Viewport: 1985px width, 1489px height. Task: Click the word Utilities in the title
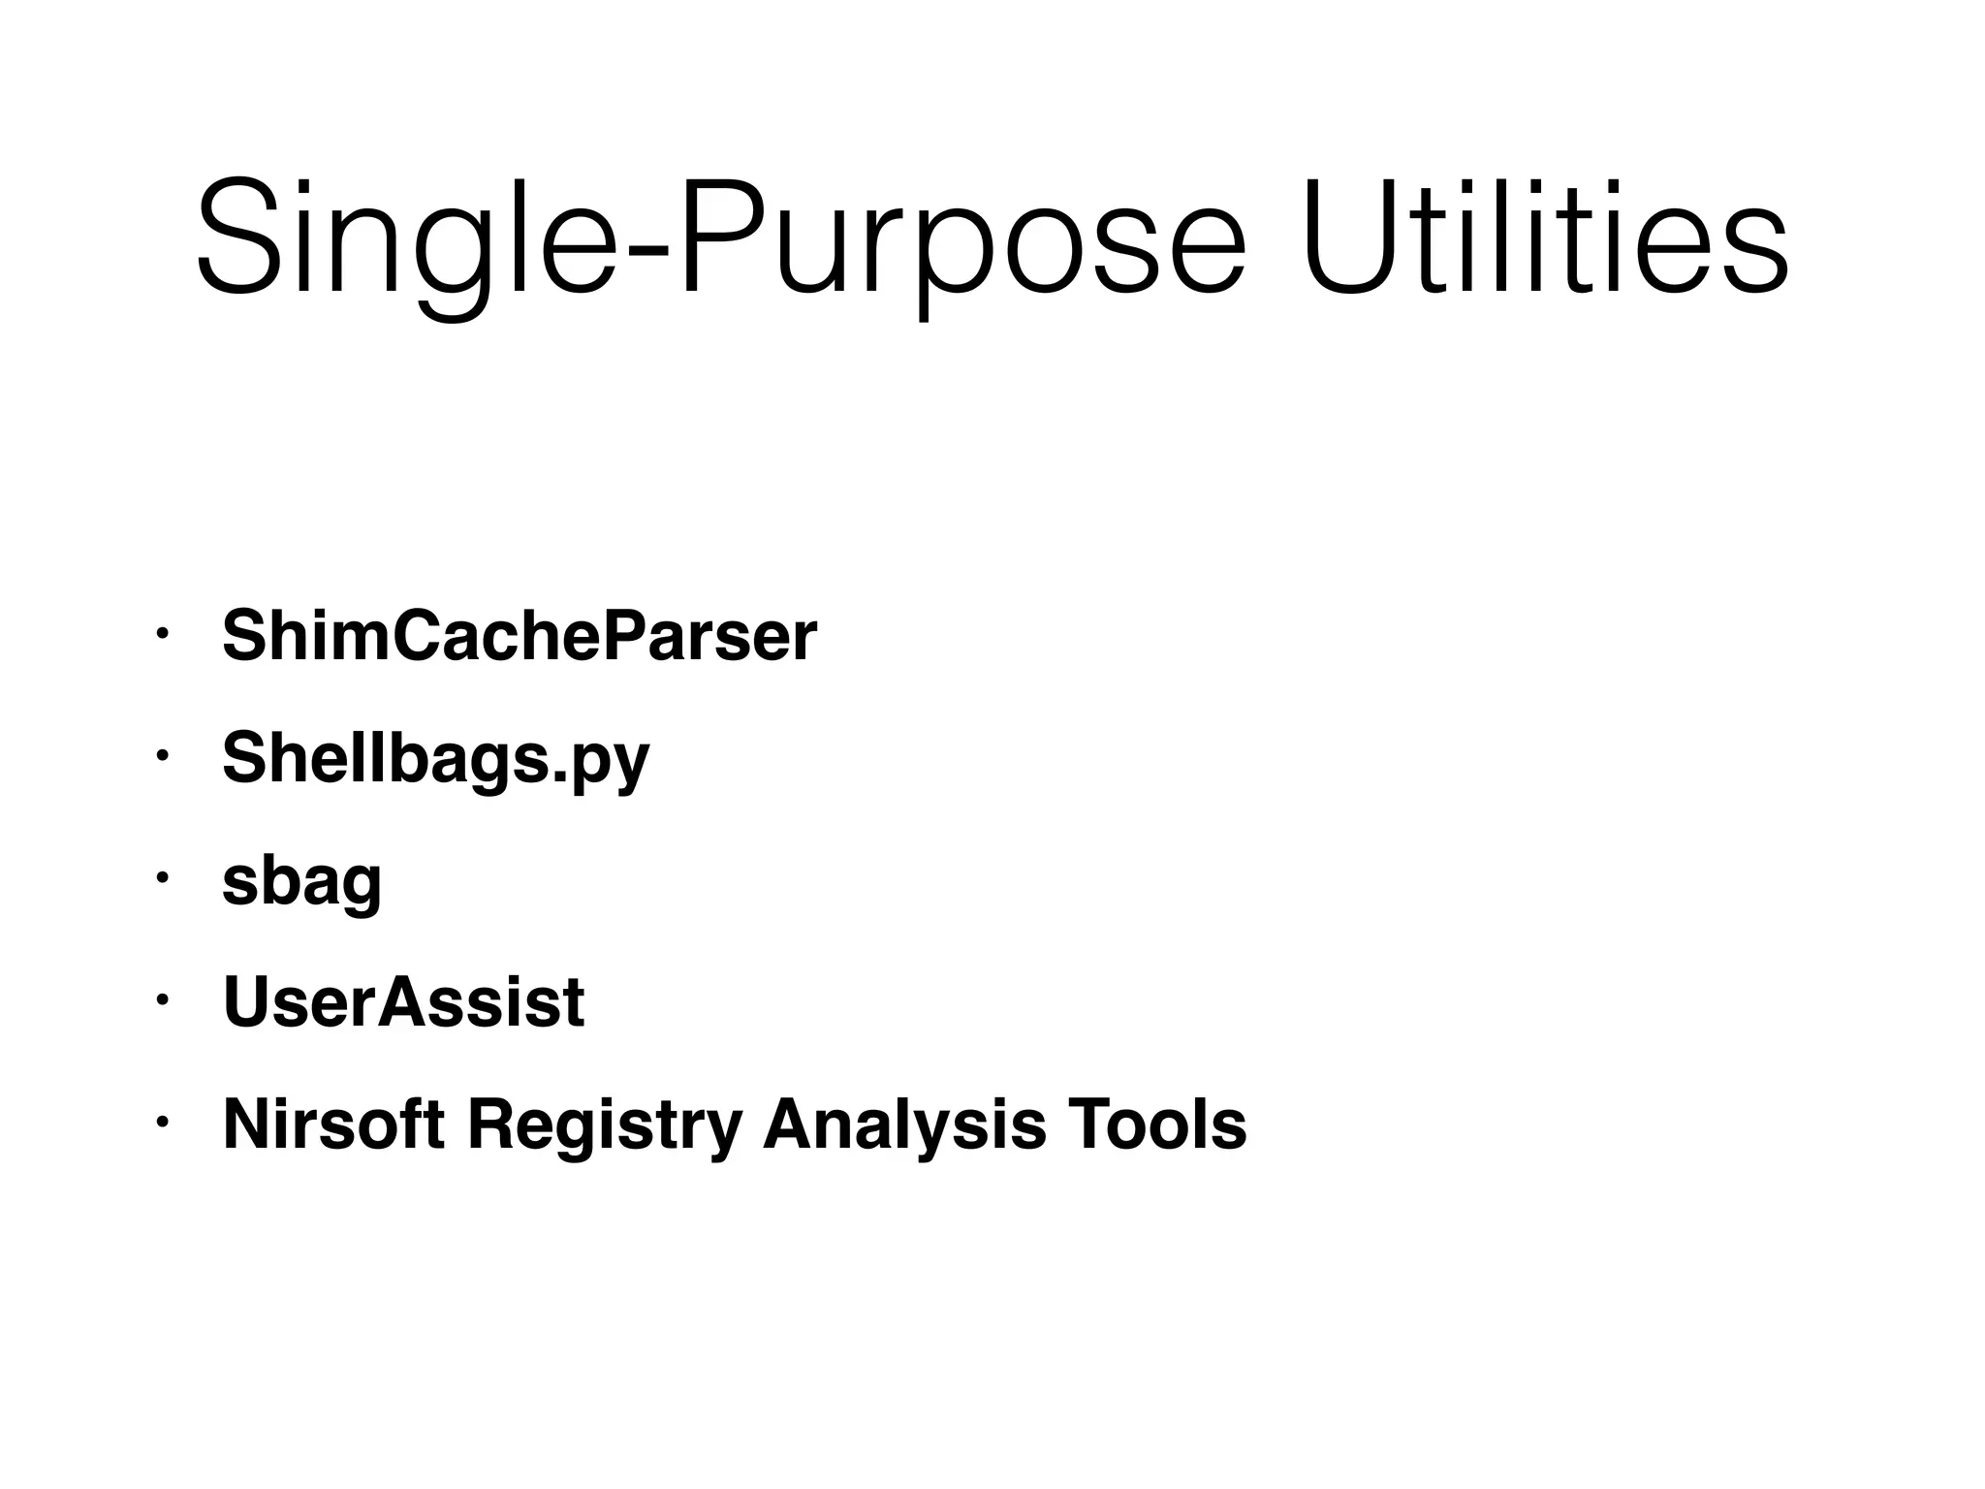tap(1546, 238)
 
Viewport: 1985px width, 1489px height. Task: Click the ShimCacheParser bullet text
tap(520, 637)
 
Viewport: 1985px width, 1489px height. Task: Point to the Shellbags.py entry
tap(435, 759)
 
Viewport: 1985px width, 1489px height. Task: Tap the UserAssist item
tap(403, 1002)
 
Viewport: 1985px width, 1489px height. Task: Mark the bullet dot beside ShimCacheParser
tap(163, 635)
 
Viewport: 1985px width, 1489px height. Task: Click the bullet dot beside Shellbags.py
tap(163, 756)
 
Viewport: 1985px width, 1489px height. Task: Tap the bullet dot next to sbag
tap(163, 878)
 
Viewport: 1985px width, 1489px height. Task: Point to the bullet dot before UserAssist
tap(163, 999)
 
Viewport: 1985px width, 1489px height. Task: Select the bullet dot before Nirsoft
tap(163, 1122)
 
